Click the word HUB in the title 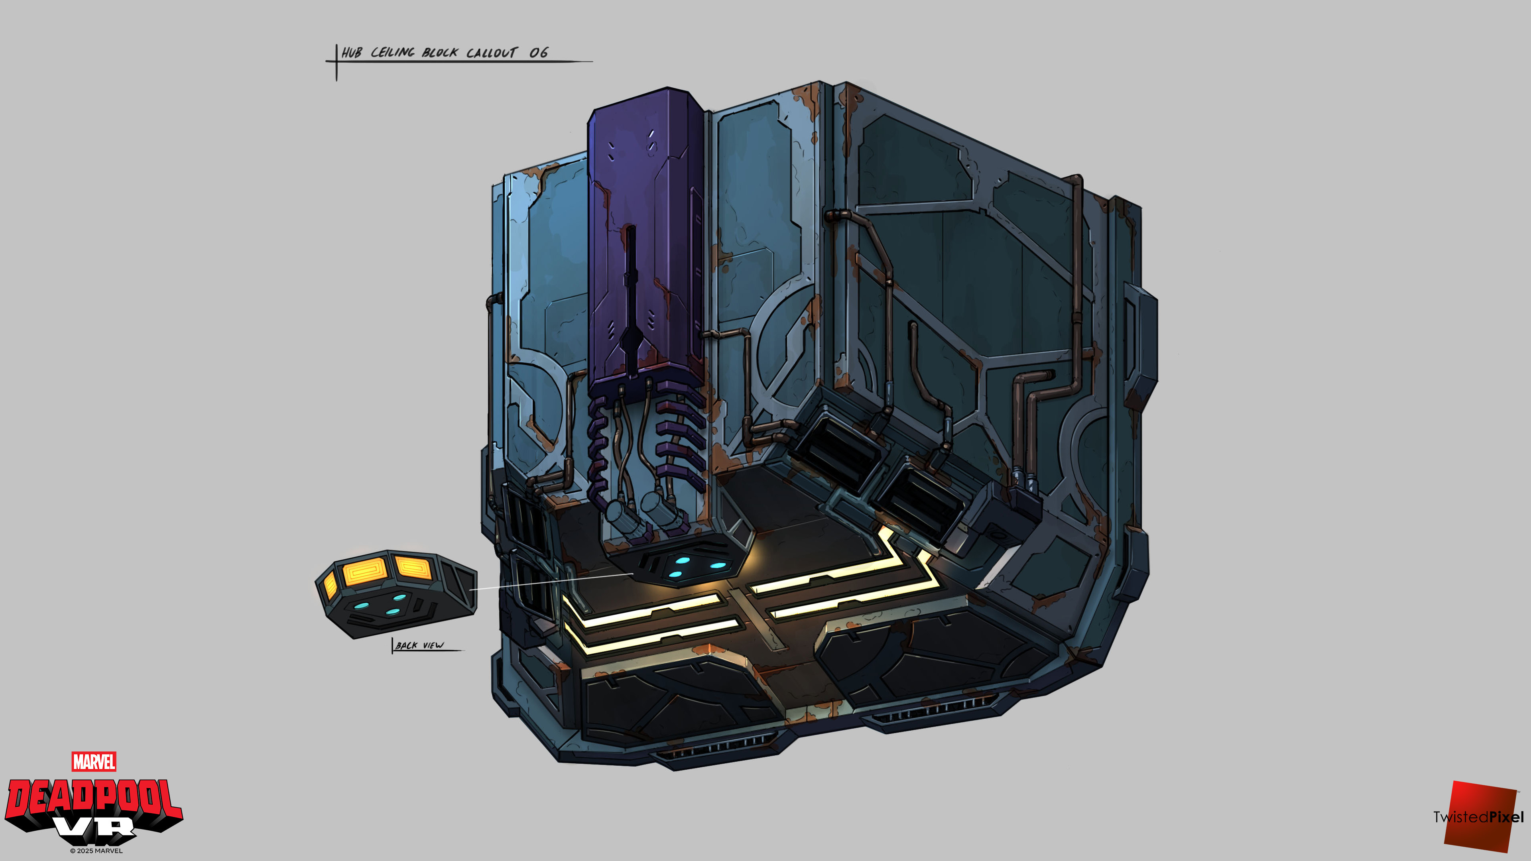point(351,53)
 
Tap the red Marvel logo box point(94,762)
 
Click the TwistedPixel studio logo point(1479,816)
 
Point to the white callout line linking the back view point(551,582)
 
